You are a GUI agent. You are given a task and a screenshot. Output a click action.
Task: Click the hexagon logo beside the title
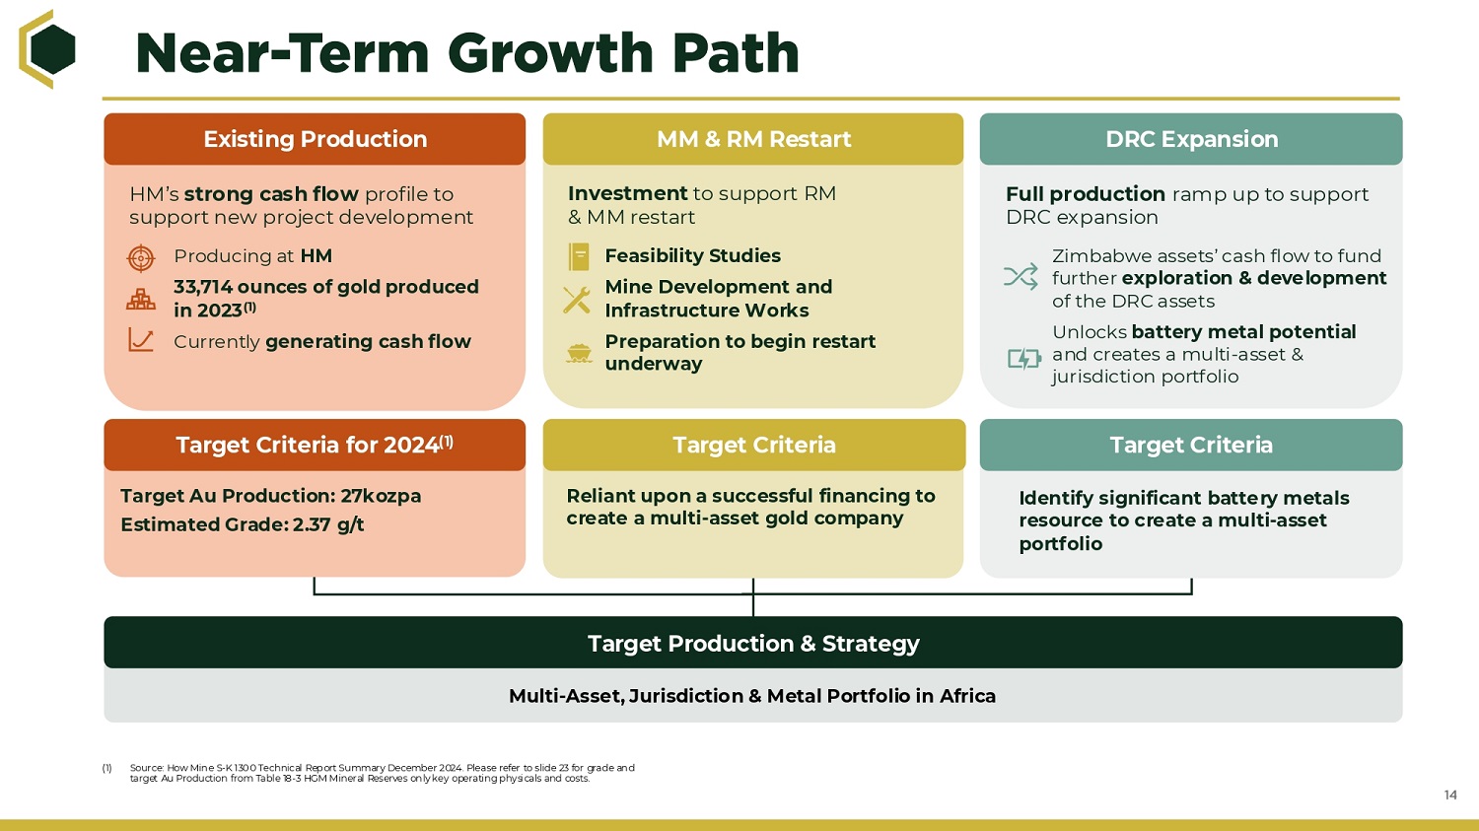[47, 49]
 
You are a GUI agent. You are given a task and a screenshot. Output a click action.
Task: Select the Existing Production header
[315, 139]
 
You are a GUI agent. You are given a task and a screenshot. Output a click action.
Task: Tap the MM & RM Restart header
[753, 139]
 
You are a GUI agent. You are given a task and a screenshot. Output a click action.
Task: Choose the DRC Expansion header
[1191, 139]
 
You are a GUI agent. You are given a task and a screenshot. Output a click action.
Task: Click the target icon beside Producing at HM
[141, 257]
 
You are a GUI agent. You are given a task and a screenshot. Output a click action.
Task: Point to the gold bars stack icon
[141, 299]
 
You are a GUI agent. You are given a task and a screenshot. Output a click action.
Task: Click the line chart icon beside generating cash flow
[141, 340]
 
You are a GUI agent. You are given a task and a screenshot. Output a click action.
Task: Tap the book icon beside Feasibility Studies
[579, 256]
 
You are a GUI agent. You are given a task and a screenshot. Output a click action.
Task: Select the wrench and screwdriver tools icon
[577, 300]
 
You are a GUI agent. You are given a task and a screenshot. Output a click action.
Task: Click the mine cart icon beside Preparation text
[579, 353]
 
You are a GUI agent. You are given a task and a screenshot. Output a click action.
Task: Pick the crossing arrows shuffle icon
[1021, 276]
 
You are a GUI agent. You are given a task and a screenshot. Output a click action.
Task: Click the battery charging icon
[1024, 359]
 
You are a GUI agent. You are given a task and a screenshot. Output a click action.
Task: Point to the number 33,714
[203, 287]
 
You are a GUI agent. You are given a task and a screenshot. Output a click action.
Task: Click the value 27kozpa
[381, 496]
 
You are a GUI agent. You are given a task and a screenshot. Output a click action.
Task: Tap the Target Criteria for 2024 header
[315, 445]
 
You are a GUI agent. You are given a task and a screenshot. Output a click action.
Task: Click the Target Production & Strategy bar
[753, 643]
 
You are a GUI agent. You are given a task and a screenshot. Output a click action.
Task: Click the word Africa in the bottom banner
[967, 696]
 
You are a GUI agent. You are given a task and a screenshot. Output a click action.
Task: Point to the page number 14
[1450, 795]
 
